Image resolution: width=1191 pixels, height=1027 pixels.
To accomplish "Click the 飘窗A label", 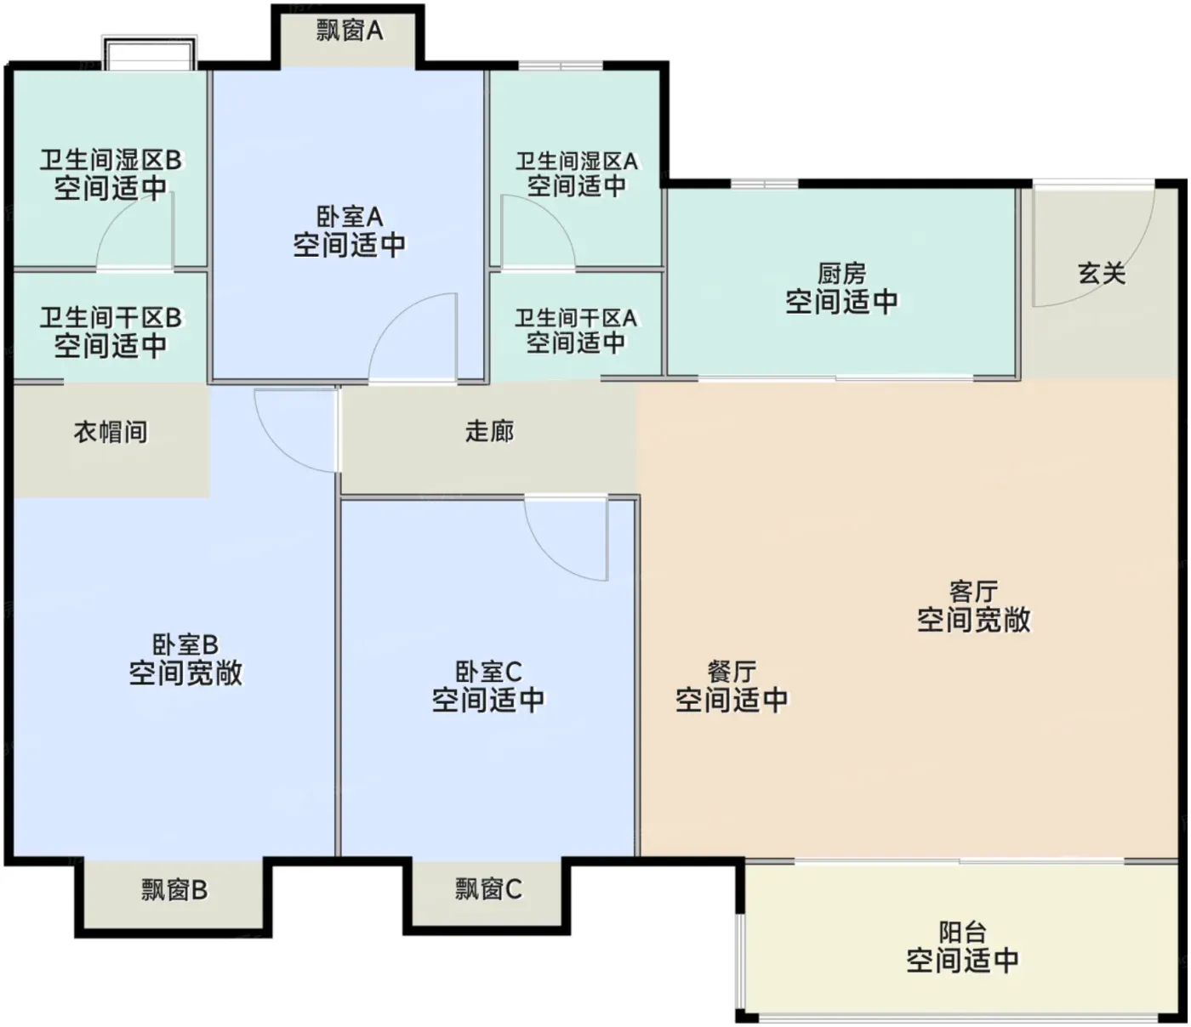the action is point(349,31).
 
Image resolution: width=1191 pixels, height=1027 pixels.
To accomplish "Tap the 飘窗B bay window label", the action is point(174,890).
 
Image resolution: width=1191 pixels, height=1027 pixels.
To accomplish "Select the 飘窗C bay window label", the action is point(488,888).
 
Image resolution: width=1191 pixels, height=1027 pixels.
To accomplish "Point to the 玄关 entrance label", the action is point(1102,273).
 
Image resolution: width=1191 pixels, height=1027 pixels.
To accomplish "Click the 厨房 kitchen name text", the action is point(842,274).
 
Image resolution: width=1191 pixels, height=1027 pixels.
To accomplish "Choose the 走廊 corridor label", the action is point(490,431).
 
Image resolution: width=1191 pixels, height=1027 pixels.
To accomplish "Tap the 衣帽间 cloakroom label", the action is point(111,432).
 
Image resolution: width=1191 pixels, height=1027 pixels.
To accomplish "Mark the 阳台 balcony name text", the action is point(963,933).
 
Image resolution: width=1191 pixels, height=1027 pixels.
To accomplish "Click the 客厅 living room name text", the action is point(973,592).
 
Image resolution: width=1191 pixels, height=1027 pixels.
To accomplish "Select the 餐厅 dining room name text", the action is point(732,672).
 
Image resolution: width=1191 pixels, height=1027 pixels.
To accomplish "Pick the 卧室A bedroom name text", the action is point(350,217).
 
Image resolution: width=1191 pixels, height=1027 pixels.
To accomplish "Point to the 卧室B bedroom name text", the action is point(185,645).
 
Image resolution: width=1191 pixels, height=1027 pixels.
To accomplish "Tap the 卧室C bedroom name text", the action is point(488,672).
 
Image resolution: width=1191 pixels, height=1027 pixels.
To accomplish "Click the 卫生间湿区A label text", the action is point(576,162).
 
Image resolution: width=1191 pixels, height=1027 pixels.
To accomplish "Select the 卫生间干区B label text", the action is point(111,318).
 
